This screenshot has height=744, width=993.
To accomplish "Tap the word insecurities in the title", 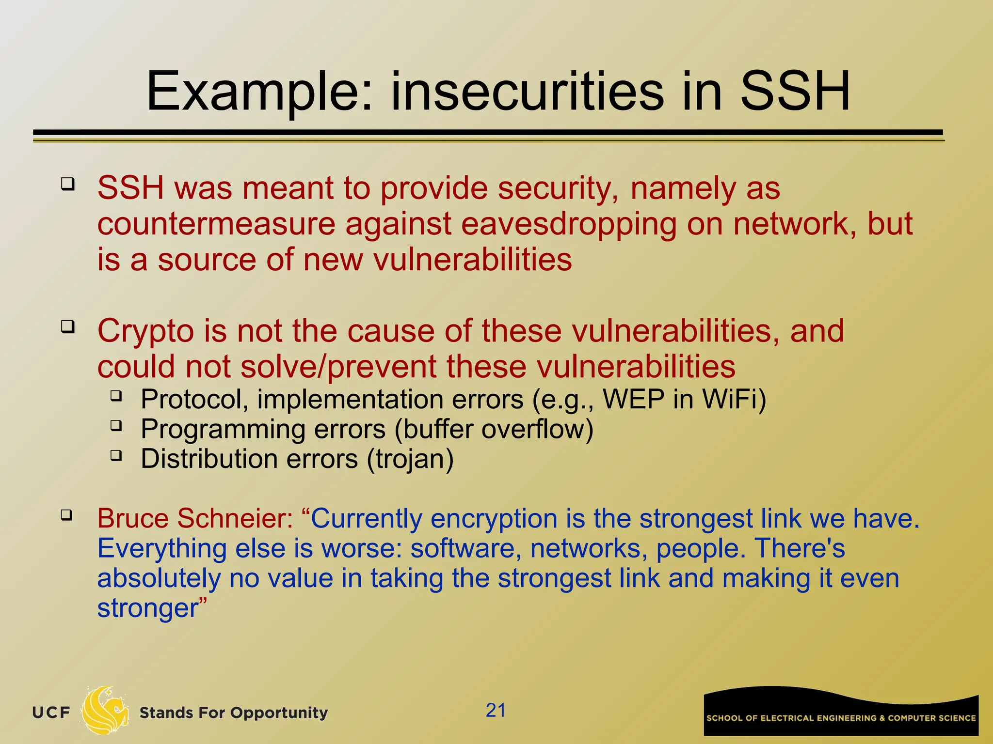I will tap(527, 92).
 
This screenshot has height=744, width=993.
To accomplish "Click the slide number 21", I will tap(496, 711).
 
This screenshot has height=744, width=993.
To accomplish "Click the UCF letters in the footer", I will tap(51, 713).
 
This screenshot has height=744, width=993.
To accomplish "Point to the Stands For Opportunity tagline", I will tap(233, 713).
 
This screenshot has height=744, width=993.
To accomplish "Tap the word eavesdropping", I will tap(568, 225).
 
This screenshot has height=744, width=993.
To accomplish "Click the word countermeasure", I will tap(216, 225).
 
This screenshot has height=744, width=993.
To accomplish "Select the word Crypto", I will tap(146, 332).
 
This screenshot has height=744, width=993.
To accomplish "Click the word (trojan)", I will tap(410, 459).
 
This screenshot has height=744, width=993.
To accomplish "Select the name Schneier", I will tap(235, 519).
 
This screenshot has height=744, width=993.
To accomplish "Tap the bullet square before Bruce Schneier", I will tap(67, 514).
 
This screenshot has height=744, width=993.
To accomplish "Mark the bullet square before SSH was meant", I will tap(67, 184).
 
